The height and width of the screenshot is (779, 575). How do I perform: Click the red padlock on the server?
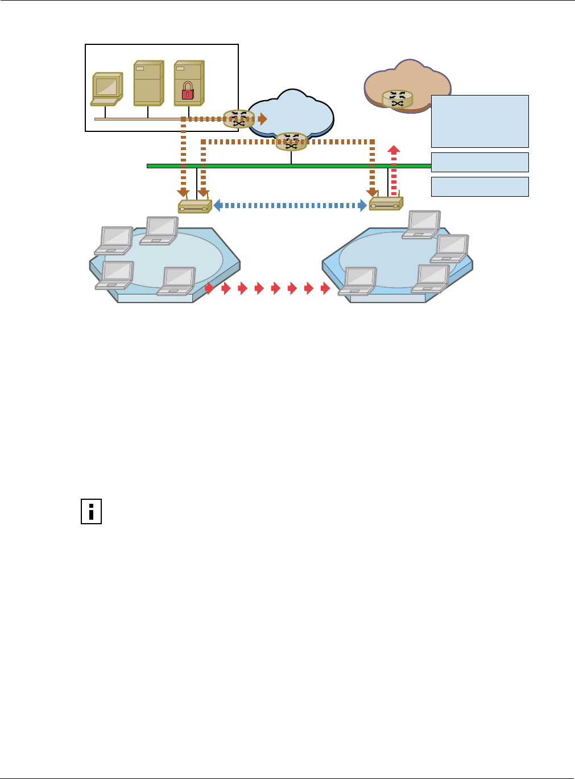pos(187,91)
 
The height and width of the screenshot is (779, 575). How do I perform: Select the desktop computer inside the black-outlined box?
pos(107,88)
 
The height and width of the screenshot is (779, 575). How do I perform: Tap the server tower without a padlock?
pos(148,83)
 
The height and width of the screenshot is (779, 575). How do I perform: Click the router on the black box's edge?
pos(238,119)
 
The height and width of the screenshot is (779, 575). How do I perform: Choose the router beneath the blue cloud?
pos(291,142)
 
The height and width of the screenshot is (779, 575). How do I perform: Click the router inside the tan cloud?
pos(398,99)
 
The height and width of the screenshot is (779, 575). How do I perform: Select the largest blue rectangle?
pos(479,121)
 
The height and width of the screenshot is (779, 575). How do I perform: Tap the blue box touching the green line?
pos(479,162)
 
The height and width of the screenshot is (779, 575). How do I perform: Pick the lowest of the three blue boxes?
pos(479,187)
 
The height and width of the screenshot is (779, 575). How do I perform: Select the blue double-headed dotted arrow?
pos(290,205)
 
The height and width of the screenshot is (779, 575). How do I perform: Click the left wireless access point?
pos(195,206)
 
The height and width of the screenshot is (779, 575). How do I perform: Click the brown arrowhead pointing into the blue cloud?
pos(262,119)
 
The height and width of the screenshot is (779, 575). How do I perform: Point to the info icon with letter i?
pos(91,511)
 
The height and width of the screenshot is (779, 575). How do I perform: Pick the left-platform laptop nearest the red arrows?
pos(177,280)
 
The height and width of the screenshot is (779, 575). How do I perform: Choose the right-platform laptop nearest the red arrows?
pos(358,281)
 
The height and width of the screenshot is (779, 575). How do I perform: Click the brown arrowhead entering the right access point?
pos(372,192)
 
